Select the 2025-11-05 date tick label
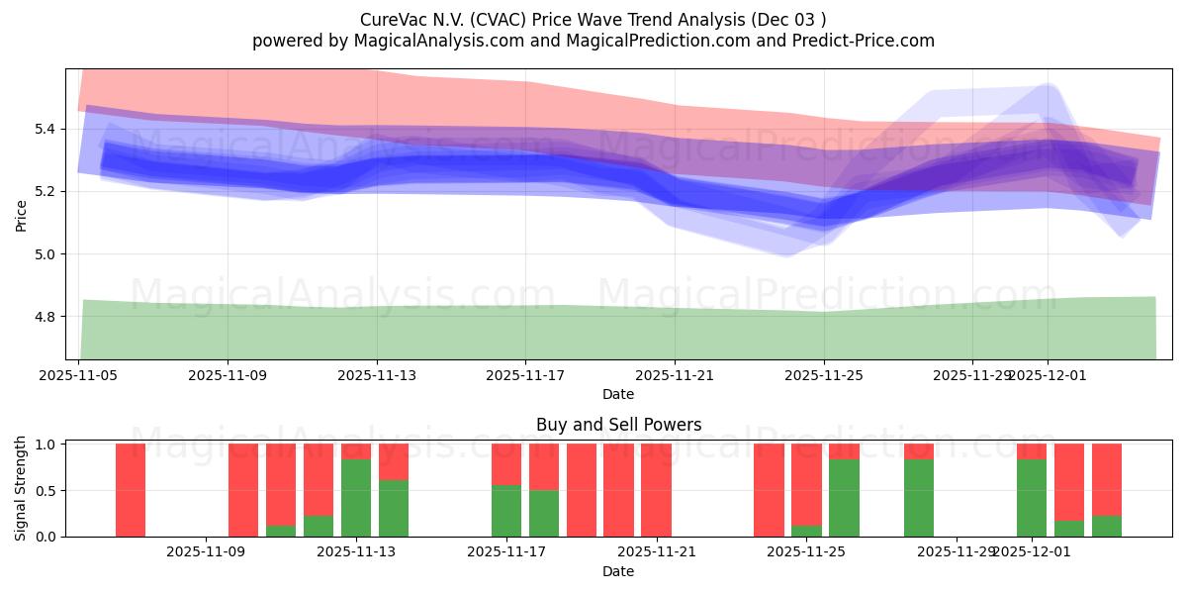click(79, 375)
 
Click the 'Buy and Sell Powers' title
click(618, 425)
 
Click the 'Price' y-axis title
click(21, 215)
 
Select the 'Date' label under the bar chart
click(618, 571)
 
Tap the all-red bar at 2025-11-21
click(656, 490)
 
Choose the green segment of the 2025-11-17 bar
click(506, 511)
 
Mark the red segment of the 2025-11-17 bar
click(506, 463)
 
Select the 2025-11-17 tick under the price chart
click(525, 375)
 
